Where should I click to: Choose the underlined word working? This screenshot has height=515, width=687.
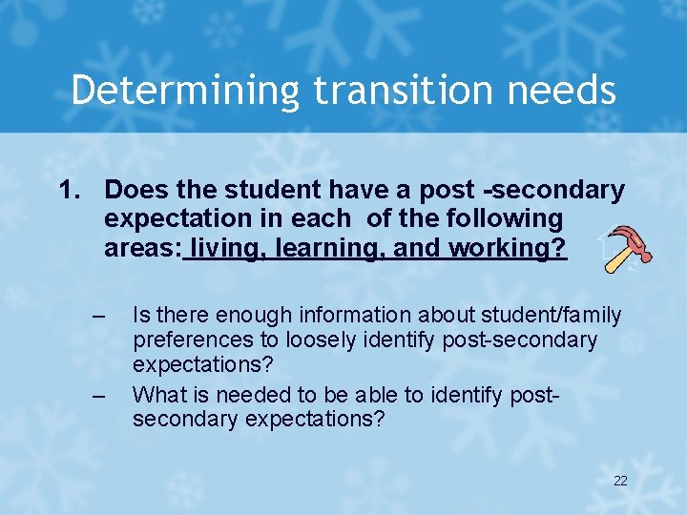click(506, 248)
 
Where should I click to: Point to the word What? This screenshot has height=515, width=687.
click(156, 393)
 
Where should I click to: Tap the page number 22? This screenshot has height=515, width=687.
click(620, 481)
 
